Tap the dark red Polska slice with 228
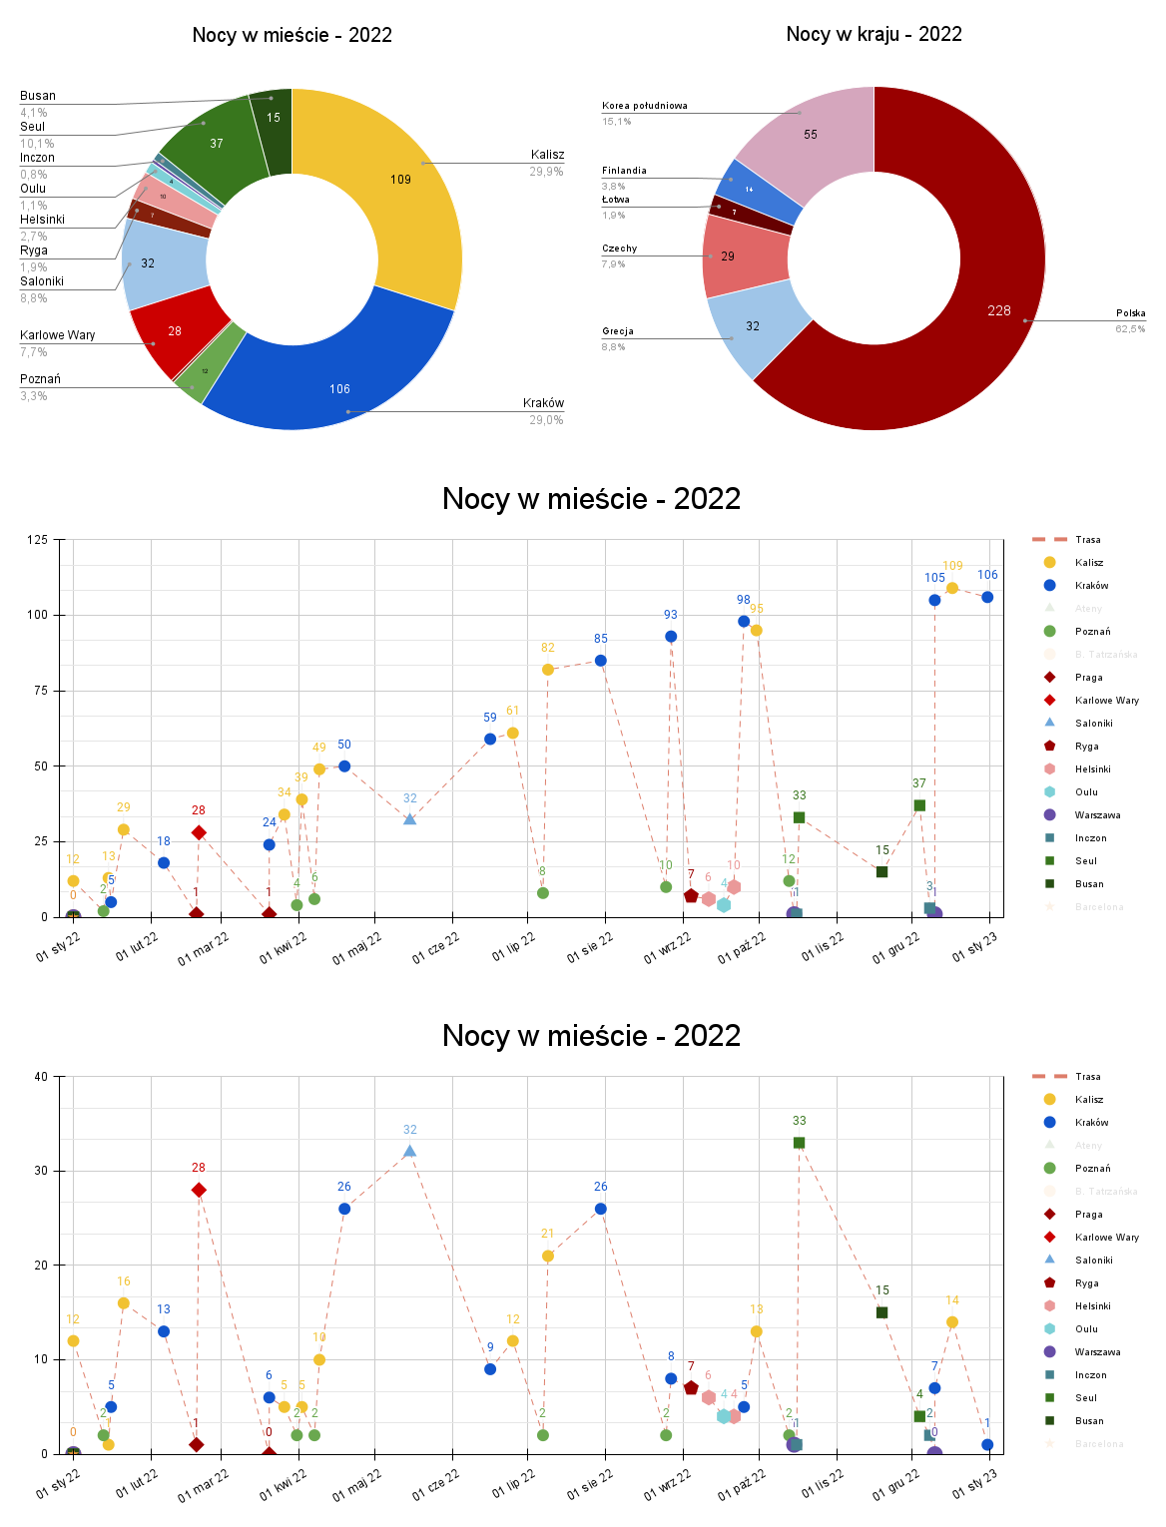[958, 329]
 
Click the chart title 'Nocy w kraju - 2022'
[874, 34]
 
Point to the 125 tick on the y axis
[37, 540]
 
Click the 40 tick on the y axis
[41, 1077]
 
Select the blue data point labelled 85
[601, 661]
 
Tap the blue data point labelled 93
[671, 637]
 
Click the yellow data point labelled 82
[548, 670]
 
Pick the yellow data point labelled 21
[548, 1257]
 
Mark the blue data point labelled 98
[744, 622]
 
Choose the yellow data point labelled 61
[513, 733]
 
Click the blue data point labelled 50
[344, 766]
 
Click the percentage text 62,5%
[1130, 329]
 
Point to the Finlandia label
[624, 171]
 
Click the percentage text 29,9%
[546, 172]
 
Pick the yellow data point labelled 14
[952, 1322]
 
